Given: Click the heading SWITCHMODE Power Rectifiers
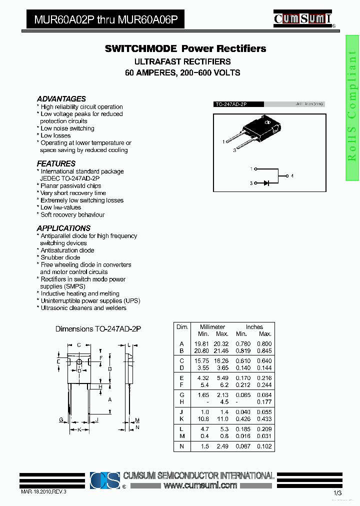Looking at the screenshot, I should point(185,48).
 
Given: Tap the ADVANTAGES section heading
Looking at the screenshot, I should point(61,99).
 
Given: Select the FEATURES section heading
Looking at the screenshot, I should point(56,163).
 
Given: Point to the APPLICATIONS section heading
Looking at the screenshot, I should point(63,228).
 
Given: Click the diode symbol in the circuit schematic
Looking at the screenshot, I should point(266,183).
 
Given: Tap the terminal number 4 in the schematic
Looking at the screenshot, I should point(292,176).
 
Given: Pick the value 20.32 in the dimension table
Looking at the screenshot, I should point(221,343).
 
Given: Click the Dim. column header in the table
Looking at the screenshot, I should point(181,327).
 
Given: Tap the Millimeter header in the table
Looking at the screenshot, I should point(212,327).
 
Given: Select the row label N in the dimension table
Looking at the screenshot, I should point(181,446).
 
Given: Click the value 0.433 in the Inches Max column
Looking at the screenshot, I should point(264,419).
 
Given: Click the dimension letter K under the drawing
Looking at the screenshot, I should point(79,429).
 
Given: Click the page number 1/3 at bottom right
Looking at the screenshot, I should point(337,493).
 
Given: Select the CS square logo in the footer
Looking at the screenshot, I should point(105,480).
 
